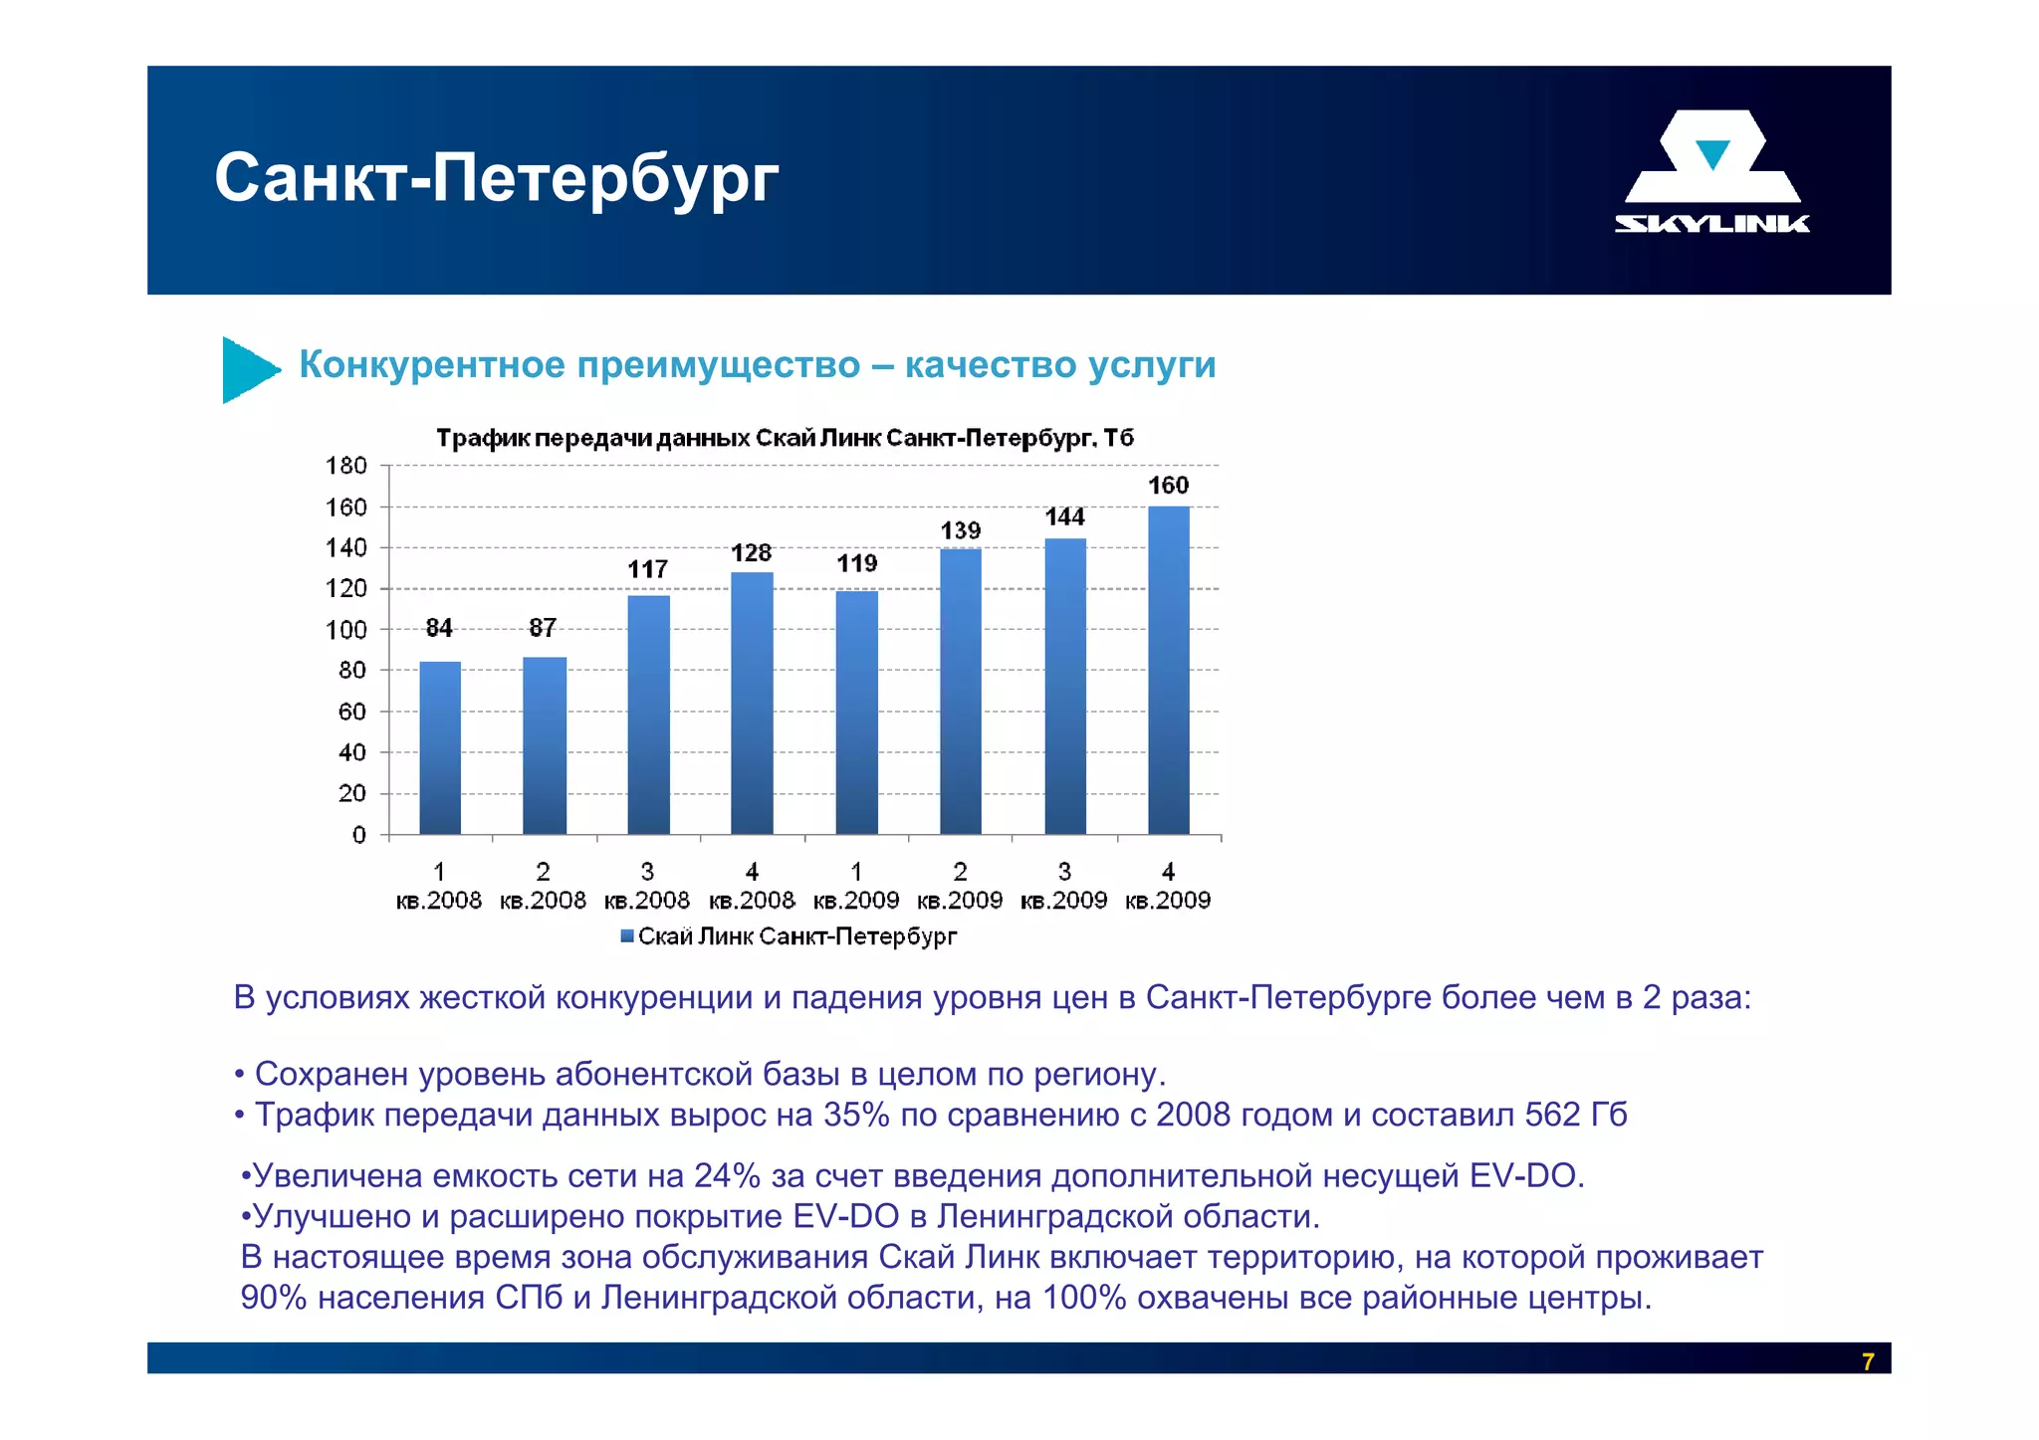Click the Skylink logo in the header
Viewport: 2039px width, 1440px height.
click(1711, 171)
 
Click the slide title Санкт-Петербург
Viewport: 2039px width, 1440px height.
click(496, 179)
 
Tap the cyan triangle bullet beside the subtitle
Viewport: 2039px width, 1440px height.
click(248, 369)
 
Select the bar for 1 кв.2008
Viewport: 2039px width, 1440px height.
click(440, 747)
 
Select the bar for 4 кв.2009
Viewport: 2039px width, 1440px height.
click(1168, 670)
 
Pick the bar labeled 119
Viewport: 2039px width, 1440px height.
click(856, 713)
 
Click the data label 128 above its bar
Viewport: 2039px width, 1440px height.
click(752, 553)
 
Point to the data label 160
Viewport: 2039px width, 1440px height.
click(1168, 486)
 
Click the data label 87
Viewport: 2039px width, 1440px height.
click(543, 628)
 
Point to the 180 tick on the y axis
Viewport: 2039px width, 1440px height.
click(346, 466)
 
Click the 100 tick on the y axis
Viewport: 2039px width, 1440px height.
click(346, 630)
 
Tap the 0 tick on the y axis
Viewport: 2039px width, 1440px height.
click(359, 835)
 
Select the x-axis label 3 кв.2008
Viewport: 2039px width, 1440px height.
click(647, 887)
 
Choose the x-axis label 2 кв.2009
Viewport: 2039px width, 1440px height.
click(960, 887)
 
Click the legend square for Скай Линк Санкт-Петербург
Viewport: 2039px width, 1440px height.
click(627, 936)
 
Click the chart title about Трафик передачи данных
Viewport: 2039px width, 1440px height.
click(785, 439)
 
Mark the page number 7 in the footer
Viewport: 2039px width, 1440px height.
click(1868, 1361)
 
